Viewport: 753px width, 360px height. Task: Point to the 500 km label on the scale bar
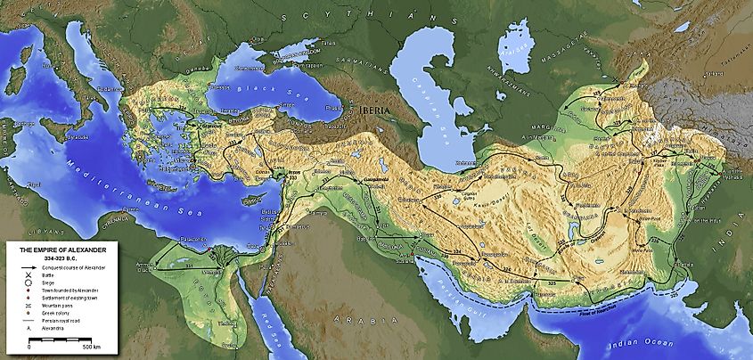tap(90, 346)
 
